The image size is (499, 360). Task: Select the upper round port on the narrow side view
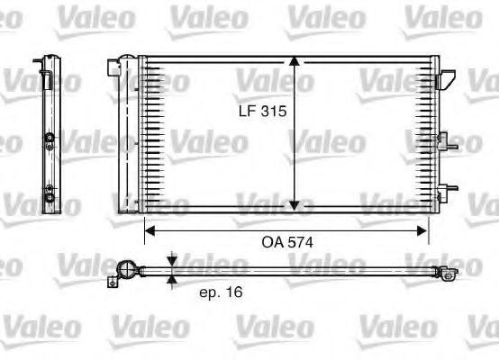[x=49, y=139]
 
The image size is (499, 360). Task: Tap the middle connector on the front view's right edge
[x=442, y=139]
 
